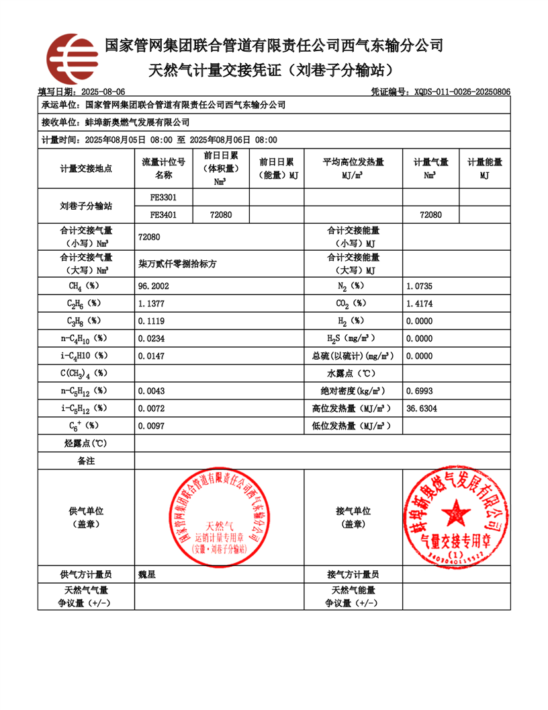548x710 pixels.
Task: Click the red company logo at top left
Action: pyautogui.click(x=73, y=58)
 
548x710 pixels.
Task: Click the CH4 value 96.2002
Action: pyautogui.click(x=152, y=286)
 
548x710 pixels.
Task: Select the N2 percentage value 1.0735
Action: pyautogui.click(x=420, y=286)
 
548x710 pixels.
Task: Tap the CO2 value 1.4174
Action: pyautogui.click(x=420, y=304)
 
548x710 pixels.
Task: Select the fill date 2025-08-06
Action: pyautogui.click(x=103, y=91)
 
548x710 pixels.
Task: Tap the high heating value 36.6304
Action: pyautogui.click(x=422, y=408)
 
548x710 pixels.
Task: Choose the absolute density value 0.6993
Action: pyautogui.click(x=420, y=391)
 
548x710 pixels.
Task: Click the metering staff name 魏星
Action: pyautogui.click(x=146, y=575)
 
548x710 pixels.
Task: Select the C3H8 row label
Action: pyautogui.click(x=85, y=321)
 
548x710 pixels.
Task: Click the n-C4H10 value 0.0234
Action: pyautogui.click(x=151, y=339)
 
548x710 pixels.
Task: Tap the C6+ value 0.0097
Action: pyautogui.click(x=151, y=426)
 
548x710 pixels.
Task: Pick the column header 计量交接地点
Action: pyautogui.click(x=86, y=169)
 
